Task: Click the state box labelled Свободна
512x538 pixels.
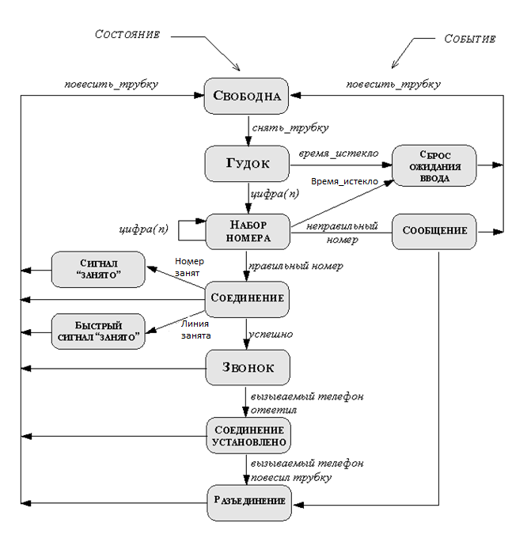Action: click(x=246, y=96)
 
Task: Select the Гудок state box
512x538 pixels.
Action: click(x=247, y=164)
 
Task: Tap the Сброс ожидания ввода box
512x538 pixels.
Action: click(x=434, y=165)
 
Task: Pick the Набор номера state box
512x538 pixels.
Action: click(x=248, y=232)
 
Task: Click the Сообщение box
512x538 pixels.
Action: click(x=434, y=232)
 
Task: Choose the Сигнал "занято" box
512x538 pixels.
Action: click(x=98, y=269)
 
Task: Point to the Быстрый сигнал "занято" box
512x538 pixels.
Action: click(x=98, y=332)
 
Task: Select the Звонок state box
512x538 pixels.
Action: click(x=248, y=367)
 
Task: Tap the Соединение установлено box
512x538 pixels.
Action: click(x=248, y=435)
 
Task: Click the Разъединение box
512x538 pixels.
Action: click(x=249, y=502)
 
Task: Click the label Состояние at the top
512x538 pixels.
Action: click(x=127, y=34)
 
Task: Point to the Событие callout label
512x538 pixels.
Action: click(x=470, y=39)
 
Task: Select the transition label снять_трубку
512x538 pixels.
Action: click(x=290, y=128)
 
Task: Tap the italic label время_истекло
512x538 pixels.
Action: click(x=339, y=153)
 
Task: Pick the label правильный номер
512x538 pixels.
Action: click(x=296, y=266)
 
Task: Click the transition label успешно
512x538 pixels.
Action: click(x=271, y=335)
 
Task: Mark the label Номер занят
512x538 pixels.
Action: click(x=189, y=267)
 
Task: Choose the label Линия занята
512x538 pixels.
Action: click(x=195, y=329)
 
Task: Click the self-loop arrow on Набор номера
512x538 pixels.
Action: click(x=179, y=230)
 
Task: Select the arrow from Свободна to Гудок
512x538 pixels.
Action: click(x=248, y=131)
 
